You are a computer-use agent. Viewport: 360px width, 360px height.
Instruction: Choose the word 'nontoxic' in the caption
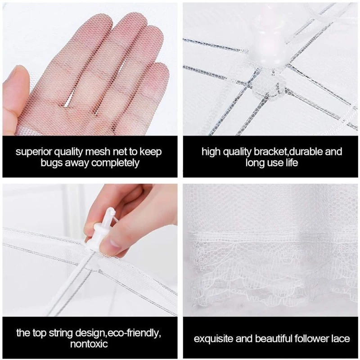[x=89, y=344]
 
